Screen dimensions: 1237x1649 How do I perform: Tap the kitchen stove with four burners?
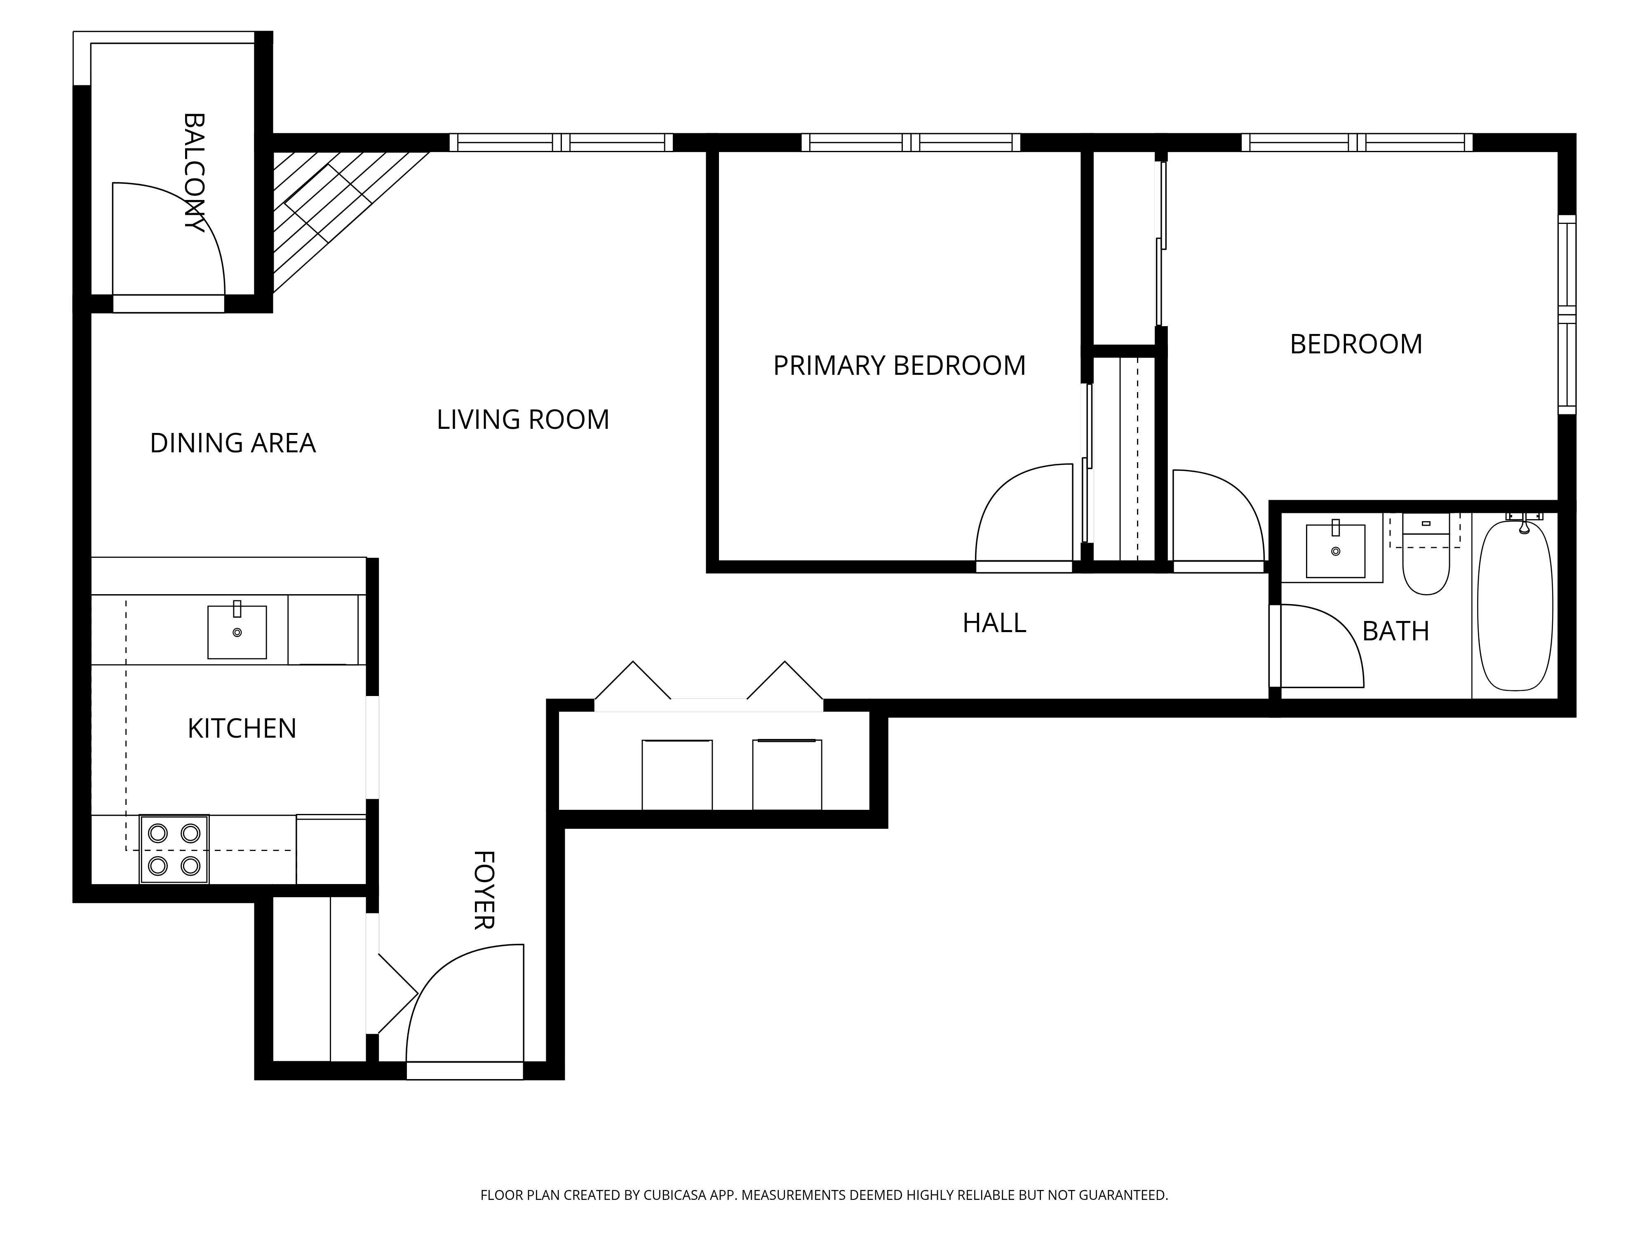(174, 849)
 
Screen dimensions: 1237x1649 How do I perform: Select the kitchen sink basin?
(237, 632)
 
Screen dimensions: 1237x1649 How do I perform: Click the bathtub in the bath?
(1515, 605)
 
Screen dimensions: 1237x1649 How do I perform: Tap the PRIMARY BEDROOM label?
(899, 365)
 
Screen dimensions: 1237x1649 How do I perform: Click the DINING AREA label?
(233, 443)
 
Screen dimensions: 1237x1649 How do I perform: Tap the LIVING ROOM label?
(523, 420)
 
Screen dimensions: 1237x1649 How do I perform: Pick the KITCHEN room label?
(242, 729)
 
